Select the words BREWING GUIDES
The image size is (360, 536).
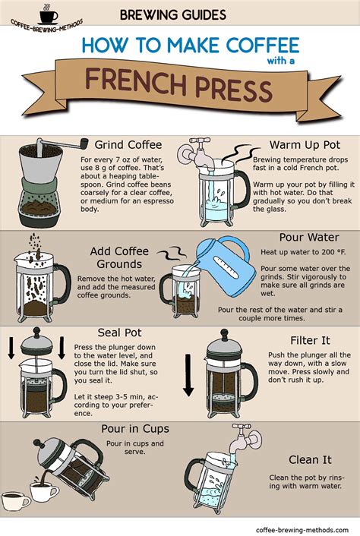pyautogui.click(x=172, y=14)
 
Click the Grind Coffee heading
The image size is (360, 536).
pyautogui.click(x=128, y=144)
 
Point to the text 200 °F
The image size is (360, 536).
pyautogui.click(x=320, y=251)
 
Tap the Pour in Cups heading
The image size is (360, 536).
pyautogui.click(x=135, y=430)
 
